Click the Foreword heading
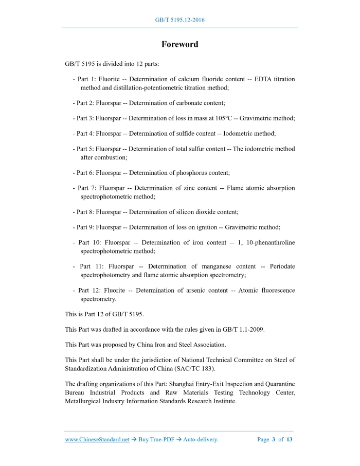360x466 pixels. tap(179, 44)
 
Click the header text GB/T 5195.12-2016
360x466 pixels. tap(179, 20)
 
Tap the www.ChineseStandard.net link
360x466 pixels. tap(97, 439)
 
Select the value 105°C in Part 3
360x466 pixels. tap(224, 118)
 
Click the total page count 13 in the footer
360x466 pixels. tap(290, 439)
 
